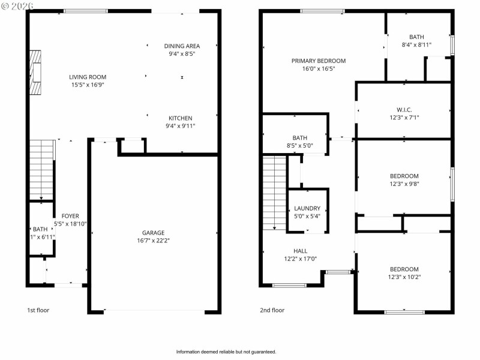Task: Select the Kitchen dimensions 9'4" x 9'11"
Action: click(x=180, y=126)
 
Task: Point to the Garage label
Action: click(x=153, y=233)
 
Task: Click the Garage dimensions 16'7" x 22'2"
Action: click(x=153, y=241)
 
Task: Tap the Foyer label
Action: click(x=70, y=216)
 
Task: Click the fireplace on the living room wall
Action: click(x=37, y=72)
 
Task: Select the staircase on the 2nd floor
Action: click(x=275, y=192)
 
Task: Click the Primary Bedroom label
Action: click(x=318, y=61)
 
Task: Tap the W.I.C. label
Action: click(x=404, y=110)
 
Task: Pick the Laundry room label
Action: click(x=307, y=209)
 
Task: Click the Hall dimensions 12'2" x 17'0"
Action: click(x=300, y=259)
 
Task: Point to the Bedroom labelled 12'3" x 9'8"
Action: click(x=404, y=176)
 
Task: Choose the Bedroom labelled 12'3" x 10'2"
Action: click(x=404, y=269)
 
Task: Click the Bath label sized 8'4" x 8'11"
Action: click(x=416, y=37)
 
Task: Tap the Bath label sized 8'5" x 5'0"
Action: click(x=299, y=137)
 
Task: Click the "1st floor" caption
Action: click(x=38, y=310)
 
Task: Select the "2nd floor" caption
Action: click(x=272, y=310)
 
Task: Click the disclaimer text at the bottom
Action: click(x=226, y=352)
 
